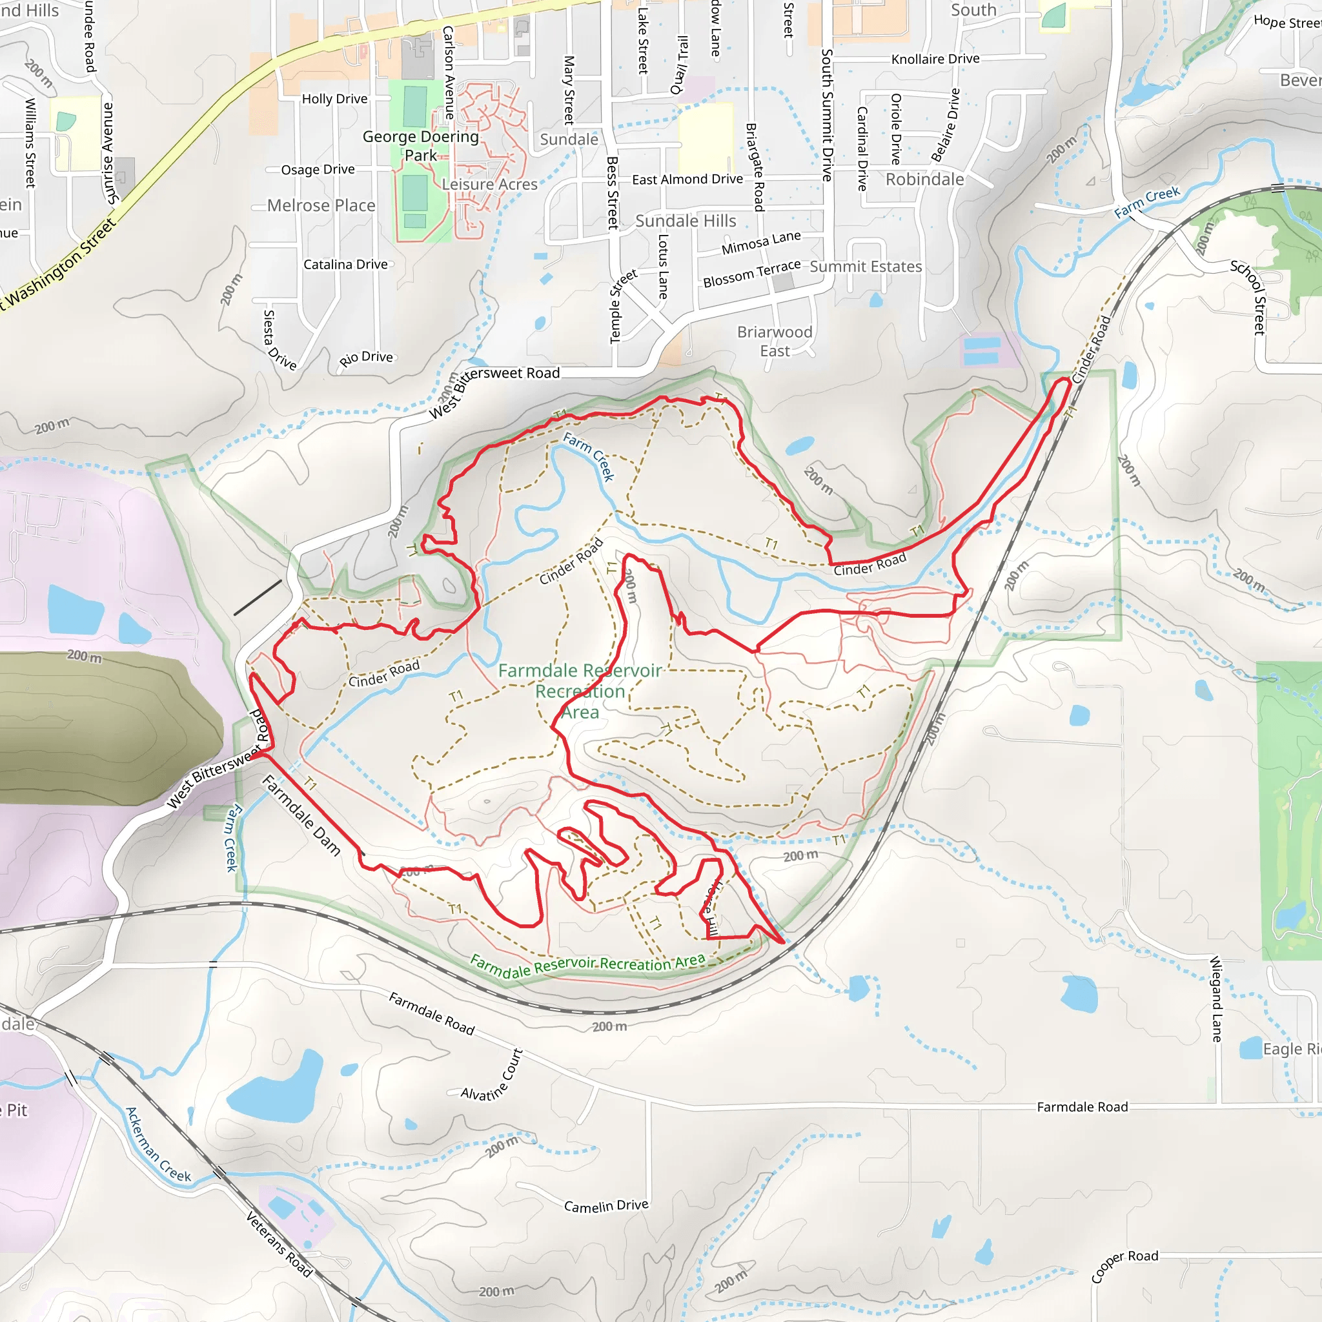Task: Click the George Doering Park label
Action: point(420,146)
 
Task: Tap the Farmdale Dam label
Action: point(301,815)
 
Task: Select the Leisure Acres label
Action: point(489,184)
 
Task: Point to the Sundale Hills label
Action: point(686,221)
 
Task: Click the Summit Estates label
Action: point(866,267)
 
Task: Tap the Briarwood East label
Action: point(775,341)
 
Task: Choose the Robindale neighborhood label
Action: point(924,179)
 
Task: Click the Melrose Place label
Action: point(321,205)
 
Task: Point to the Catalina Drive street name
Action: point(345,264)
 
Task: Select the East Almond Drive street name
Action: point(687,179)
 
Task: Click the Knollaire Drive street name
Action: point(935,59)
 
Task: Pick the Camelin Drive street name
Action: point(605,1206)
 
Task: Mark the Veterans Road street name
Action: point(278,1244)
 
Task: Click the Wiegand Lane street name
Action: point(1216,999)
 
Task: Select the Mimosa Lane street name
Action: point(761,242)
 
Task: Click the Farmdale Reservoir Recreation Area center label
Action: point(580,691)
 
